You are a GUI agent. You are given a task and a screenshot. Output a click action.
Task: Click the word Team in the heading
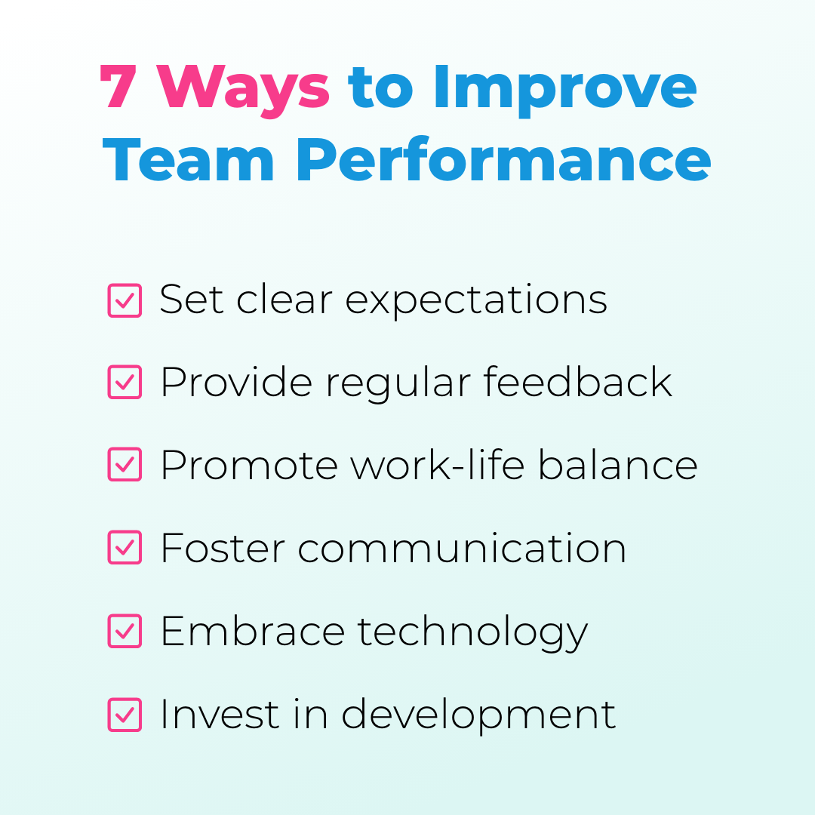click(189, 161)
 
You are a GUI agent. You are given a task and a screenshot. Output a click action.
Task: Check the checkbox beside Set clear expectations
click(125, 300)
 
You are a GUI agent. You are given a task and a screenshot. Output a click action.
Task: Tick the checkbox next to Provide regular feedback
click(125, 383)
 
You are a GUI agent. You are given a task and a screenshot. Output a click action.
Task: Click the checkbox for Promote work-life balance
click(125, 465)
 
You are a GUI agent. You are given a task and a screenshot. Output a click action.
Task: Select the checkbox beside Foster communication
click(125, 548)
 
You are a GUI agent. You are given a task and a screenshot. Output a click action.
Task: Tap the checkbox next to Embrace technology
click(125, 631)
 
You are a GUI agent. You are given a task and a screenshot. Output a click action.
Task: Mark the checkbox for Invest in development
click(125, 715)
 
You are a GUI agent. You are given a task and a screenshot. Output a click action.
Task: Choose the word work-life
click(438, 464)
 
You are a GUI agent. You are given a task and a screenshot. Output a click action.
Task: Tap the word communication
click(461, 549)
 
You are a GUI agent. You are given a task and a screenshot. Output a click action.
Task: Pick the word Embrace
click(253, 631)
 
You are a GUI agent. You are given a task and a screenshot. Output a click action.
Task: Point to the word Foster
click(223, 549)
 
